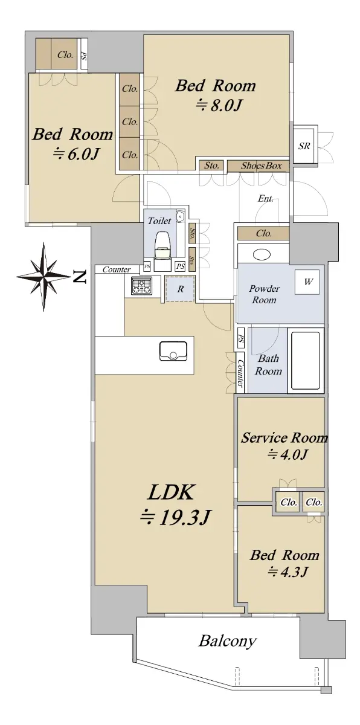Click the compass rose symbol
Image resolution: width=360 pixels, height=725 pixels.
click(x=43, y=277)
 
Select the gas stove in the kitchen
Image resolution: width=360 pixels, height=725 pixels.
click(x=141, y=286)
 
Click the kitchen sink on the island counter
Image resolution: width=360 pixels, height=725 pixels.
click(x=173, y=351)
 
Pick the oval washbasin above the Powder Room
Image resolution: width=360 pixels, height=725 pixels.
click(x=262, y=255)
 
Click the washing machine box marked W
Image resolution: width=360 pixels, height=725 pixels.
click(x=307, y=282)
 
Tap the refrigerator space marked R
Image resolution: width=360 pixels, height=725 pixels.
click(x=180, y=289)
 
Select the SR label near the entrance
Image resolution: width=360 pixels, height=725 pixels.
click(x=304, y=146)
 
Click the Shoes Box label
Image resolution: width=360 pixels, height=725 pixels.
click(x=261, y=166)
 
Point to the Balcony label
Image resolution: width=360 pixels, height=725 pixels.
click(x=227, y=641)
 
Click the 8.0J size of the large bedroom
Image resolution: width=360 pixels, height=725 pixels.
click(x=219, y=105)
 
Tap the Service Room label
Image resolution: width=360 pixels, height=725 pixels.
click(x=284, y=437)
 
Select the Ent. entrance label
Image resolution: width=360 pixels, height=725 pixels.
click(x=266, y=198)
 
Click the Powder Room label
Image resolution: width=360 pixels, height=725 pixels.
click(x=264, y=294)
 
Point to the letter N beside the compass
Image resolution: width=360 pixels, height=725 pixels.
click(x=79, y=277)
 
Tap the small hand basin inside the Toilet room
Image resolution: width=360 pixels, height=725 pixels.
click(x=180, y=216)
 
